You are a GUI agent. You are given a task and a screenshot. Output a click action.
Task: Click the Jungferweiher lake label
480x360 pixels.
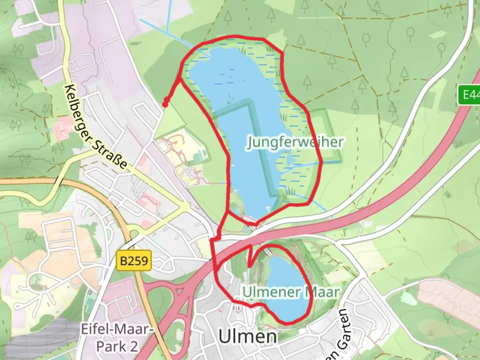(x=295, y=143)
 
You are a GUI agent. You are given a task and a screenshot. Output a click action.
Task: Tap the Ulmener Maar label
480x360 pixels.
(x=291, y=292)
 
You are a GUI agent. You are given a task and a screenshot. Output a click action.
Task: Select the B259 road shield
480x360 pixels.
(x=134, y=260)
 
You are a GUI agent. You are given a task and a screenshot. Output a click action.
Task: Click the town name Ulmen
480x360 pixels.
(x=248, y=337)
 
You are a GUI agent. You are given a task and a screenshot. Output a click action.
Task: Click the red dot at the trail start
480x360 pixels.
(x=165, y=105)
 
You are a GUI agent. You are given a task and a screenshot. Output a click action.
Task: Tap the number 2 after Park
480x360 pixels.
(x=133, y=347)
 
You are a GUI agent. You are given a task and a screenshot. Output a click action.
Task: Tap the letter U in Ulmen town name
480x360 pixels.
(x=225, y=337)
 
